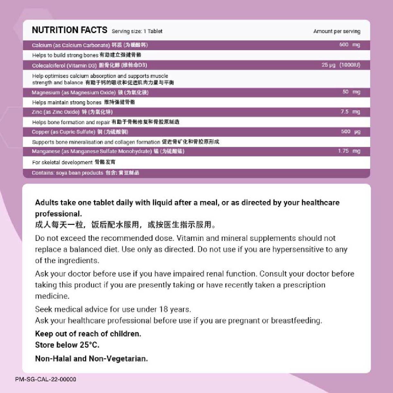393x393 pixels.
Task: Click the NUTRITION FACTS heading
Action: click(x=69, y=30)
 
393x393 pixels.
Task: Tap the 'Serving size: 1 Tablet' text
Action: click(x=137, y=31)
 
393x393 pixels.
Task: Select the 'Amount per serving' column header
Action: click(x=337, y=31)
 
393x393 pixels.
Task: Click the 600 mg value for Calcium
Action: click(x=350, y=45)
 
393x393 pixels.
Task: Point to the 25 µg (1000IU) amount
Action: click(x=341, y=65)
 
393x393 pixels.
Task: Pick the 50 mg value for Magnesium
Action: click(x=351, y=92)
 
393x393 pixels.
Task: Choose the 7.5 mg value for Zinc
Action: click(x=350, y=112)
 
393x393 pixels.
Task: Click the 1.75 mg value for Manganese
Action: click(x=349, y=151)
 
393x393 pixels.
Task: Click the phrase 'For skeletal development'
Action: click(x=62, y=162)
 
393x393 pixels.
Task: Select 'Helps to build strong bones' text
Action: click(x=65, y=55)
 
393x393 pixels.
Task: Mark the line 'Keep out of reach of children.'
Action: click(x=88, y=334)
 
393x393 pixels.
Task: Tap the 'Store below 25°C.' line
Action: click(x=67, y=345)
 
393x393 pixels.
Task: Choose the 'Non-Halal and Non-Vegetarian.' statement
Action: click(x=91, y=358)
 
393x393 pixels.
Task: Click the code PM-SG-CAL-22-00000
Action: click(x=45, y=379)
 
